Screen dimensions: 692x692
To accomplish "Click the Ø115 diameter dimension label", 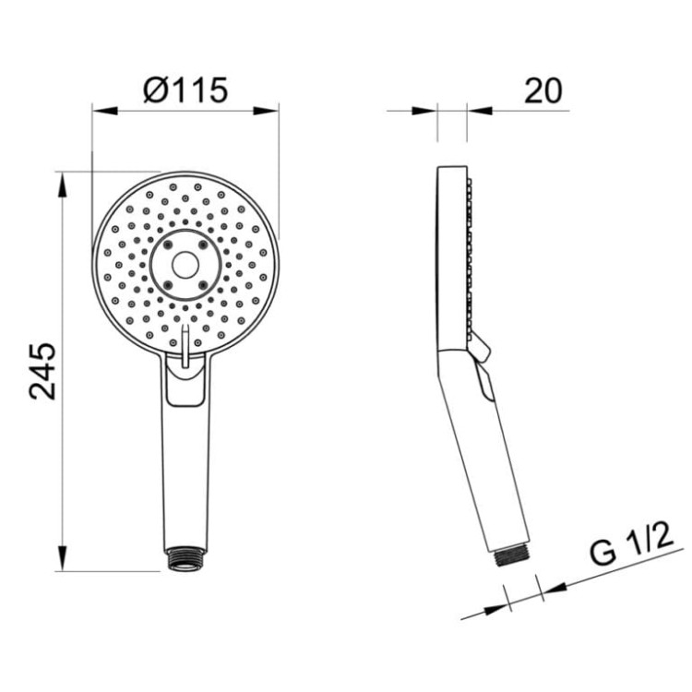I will point(185,89).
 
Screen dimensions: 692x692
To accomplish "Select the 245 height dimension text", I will point(42,370).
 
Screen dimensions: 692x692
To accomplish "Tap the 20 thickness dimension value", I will point(544,89).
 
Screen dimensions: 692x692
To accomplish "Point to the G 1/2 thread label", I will point(628,551).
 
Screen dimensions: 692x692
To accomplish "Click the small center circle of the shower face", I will point(185,266).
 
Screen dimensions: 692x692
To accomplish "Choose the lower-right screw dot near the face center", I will point(202,282).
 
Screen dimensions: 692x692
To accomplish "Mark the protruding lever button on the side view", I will point(481,348).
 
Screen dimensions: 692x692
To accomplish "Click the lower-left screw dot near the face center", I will point(170,282).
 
